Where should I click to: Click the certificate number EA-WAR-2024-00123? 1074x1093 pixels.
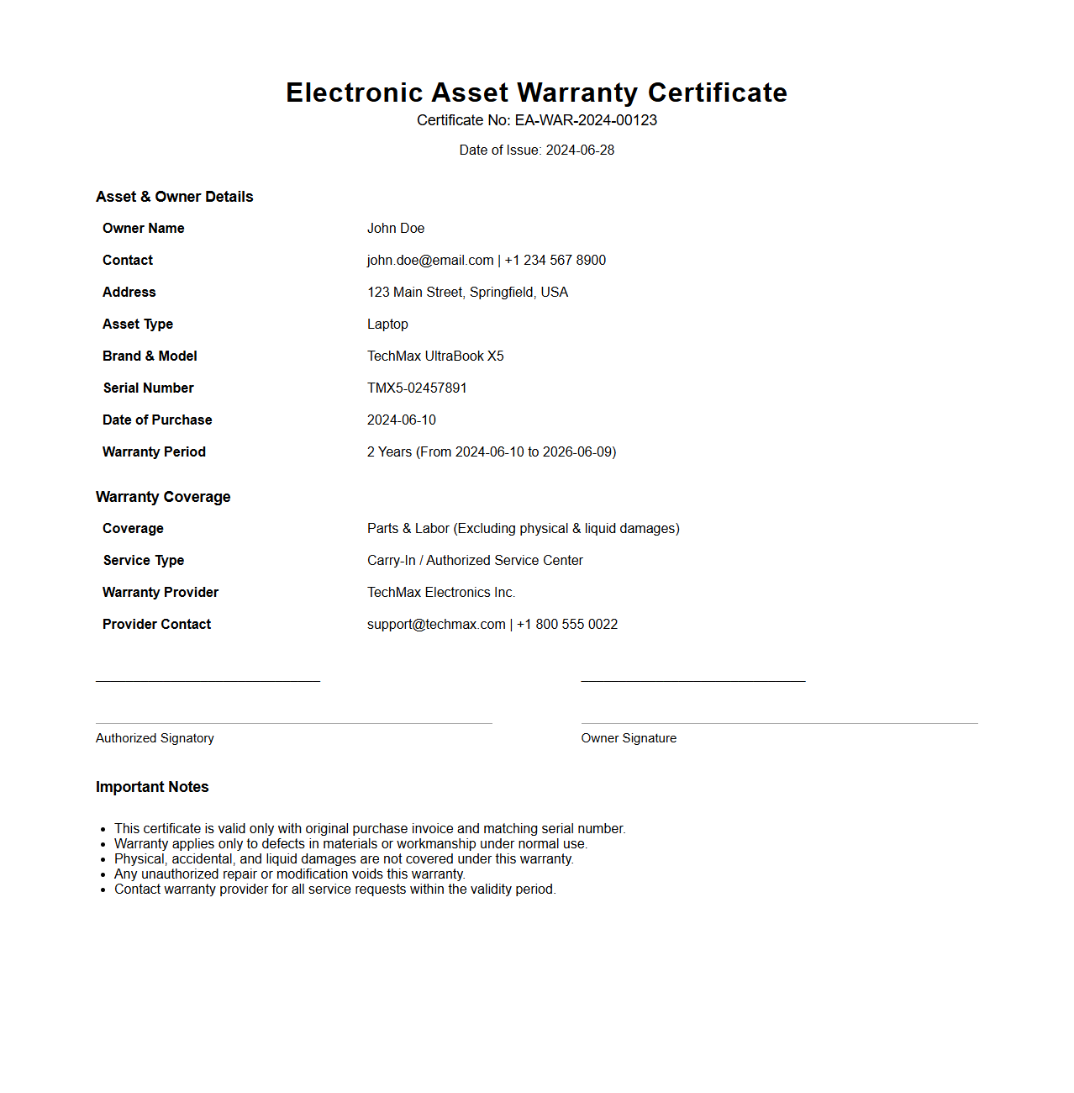tap(586, 120)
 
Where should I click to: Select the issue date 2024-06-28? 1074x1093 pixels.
tap(580, 150)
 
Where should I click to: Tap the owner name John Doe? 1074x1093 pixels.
tap(396, 229)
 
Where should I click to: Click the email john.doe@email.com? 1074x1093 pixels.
tap(430, 261)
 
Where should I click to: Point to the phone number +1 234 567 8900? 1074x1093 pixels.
tap(555, 261)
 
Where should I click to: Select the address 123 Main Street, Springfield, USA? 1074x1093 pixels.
tap(467, 293)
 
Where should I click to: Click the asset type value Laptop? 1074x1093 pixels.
tap(387, 325)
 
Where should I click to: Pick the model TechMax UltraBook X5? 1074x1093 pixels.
tap(435, 356)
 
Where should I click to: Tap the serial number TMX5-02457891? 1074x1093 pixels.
tap(417, 388)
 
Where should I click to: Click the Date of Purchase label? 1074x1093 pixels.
tap(157, 420)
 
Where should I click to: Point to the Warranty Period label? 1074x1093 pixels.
tap(154, 452)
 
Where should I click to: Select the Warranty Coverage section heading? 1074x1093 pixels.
tap(163, 497)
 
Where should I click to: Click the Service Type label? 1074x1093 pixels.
tap(144, 561)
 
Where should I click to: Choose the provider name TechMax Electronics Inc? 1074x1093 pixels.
tap(441, 593)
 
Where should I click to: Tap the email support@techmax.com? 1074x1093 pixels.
tap(436, 625)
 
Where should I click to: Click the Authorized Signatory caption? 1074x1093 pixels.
tap(155, 738)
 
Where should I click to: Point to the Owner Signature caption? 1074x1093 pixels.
tap(629, 738)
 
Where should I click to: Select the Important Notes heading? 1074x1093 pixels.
tap(152, 787)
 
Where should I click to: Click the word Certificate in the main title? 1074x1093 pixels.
tap(717, 92)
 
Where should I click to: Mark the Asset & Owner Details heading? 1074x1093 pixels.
tap(174, 197)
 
